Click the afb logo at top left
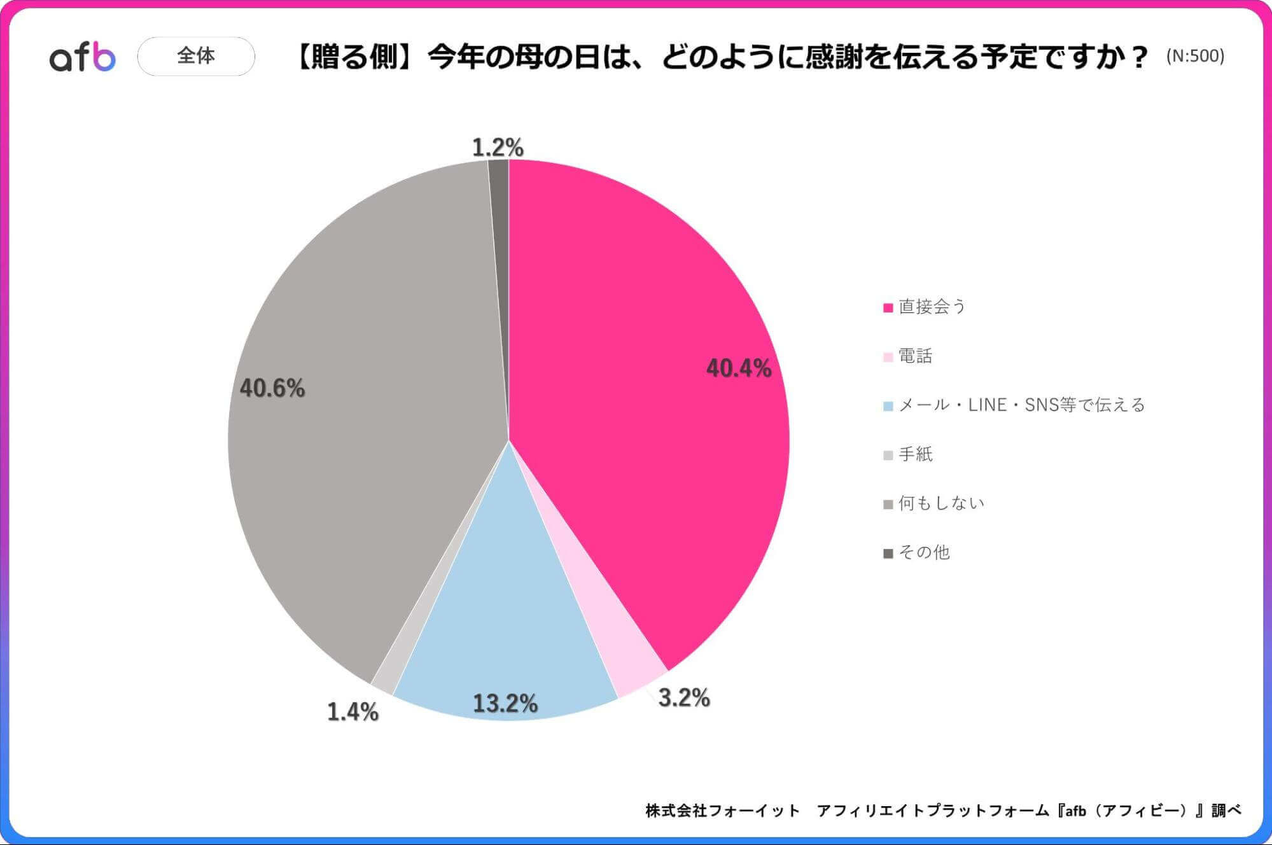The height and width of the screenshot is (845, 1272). [83, 57]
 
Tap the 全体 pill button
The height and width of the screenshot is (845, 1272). [196, 56]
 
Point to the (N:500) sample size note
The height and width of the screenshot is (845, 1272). [1194, 56]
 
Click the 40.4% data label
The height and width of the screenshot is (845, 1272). [738, 368]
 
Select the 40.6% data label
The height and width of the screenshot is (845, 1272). [272, 388]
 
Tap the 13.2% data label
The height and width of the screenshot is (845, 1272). [505, 703]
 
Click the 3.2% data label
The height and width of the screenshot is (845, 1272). [684, 697]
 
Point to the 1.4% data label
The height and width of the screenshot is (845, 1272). [353, 711]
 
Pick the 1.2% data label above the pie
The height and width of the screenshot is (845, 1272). [498, 148]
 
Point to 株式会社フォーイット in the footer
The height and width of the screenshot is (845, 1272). [722, 810]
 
